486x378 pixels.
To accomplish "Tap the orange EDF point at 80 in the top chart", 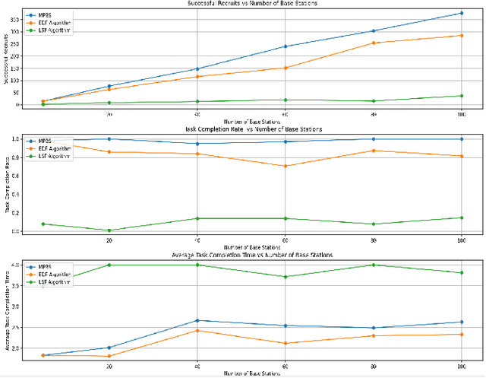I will [x=373, y=43].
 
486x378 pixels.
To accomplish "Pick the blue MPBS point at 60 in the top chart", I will [x=286, y=46].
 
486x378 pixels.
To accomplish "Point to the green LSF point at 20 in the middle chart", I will [x=109, y=230].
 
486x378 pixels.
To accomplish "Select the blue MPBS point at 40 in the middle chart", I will [x=197, y=144].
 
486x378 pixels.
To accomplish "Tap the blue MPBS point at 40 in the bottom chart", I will [x=197, y=320].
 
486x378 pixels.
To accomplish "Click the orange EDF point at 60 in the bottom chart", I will [x=286, y=343].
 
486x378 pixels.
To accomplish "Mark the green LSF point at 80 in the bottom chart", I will [x=373, y=265].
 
